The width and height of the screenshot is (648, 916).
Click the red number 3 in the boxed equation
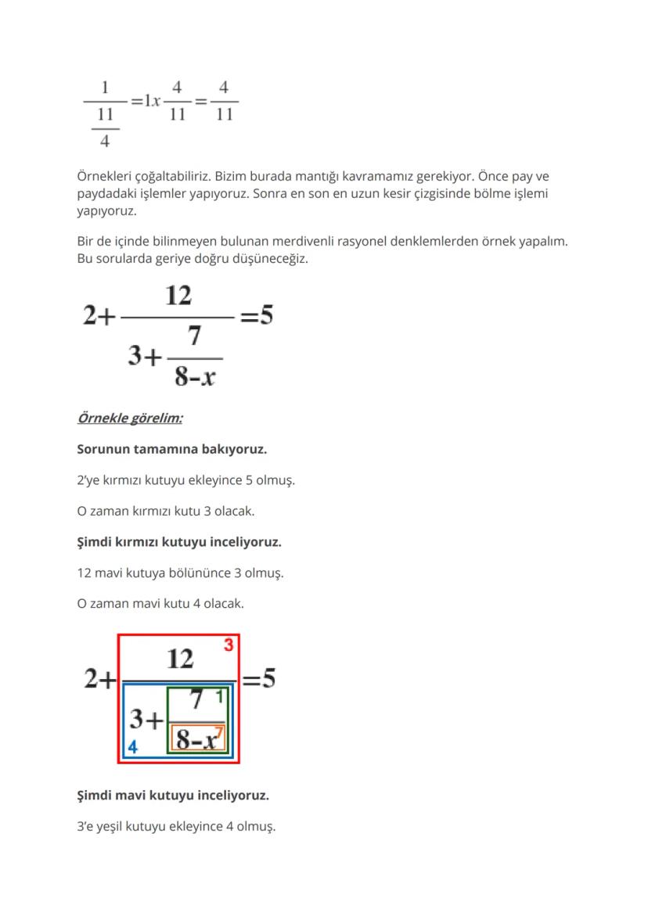229,645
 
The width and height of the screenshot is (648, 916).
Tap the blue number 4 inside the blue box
133,747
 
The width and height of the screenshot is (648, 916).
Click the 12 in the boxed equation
180,659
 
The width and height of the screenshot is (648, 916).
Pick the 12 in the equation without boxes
178,296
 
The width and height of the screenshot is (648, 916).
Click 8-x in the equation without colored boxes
195,378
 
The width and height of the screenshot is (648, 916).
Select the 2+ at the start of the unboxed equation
99,317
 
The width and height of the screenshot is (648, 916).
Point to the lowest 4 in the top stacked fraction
105,142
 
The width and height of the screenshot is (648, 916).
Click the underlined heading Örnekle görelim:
130,418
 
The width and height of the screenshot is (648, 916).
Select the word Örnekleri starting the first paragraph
105,176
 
